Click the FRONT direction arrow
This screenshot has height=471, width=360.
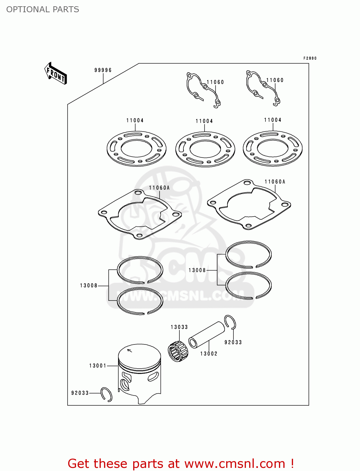point(56,73)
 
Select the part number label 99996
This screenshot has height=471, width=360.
point(103,70)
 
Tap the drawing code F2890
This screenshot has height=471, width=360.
point(310,58)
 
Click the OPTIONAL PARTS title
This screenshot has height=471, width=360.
point(43,9)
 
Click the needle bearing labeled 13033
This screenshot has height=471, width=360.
point(178,351)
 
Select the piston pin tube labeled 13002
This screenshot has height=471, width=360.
point(206,334)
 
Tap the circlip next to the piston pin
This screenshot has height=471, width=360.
point(230,322)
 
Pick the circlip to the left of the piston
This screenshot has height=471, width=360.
point(106,394)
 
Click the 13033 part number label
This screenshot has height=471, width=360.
point(179,327)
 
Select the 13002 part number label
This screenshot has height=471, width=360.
point(209,354)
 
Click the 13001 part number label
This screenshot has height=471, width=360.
point(98,365)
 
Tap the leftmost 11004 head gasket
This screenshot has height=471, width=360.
point(136,149)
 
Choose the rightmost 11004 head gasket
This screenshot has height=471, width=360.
point(273,148)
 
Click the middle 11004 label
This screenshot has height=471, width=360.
point(204,121)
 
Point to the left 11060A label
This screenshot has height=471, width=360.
point(159,188)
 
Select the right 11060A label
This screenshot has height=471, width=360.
point(275,181)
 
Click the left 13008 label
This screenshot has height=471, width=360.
point(89,285)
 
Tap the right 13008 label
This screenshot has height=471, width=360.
point(197,270)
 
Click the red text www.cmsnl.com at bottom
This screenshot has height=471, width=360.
point(235,463)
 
